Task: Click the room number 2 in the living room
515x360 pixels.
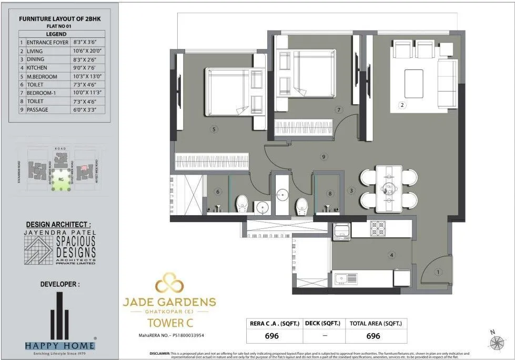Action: coord(402,105)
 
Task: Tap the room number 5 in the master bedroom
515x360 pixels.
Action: coord(214,128)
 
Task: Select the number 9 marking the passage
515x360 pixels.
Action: coord(324,156)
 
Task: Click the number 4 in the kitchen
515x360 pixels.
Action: coord(391,256)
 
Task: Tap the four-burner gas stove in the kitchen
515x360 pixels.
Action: coord(378,228)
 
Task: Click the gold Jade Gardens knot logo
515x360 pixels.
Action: coord(169,284)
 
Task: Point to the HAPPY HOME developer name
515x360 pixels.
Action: coord(60,346)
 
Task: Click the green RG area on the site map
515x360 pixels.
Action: coord(61,177)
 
